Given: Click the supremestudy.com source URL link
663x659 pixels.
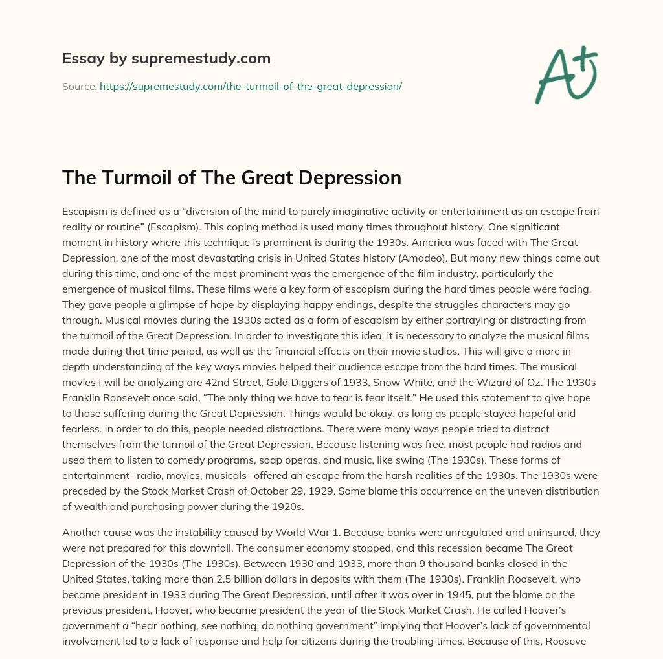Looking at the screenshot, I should pos(251,86).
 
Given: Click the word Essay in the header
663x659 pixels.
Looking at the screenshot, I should pos(79,59).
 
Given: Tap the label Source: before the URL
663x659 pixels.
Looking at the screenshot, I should pos(79,86).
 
